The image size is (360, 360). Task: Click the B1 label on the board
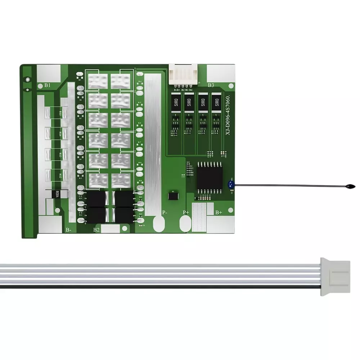pyautogui.click(x=48, y=85)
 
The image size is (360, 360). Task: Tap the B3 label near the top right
pyautogui.click(x=211, y=85)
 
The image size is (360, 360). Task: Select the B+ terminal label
pyautogui.click(x=219, y=213)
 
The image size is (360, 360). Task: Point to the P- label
pyautogui.click(x=165, y=212)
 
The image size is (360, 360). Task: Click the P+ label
pyautogui.click(x=186, y=212)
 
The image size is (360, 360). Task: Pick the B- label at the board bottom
pyautogui.click(x=68, y=229)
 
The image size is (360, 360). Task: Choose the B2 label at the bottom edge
pyautogui.click(x=96, y=229)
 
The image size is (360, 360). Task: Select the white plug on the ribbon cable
pyautogui.click(x=335, y=276)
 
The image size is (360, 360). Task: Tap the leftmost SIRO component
pyautogui.click(x=176, y=103)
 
